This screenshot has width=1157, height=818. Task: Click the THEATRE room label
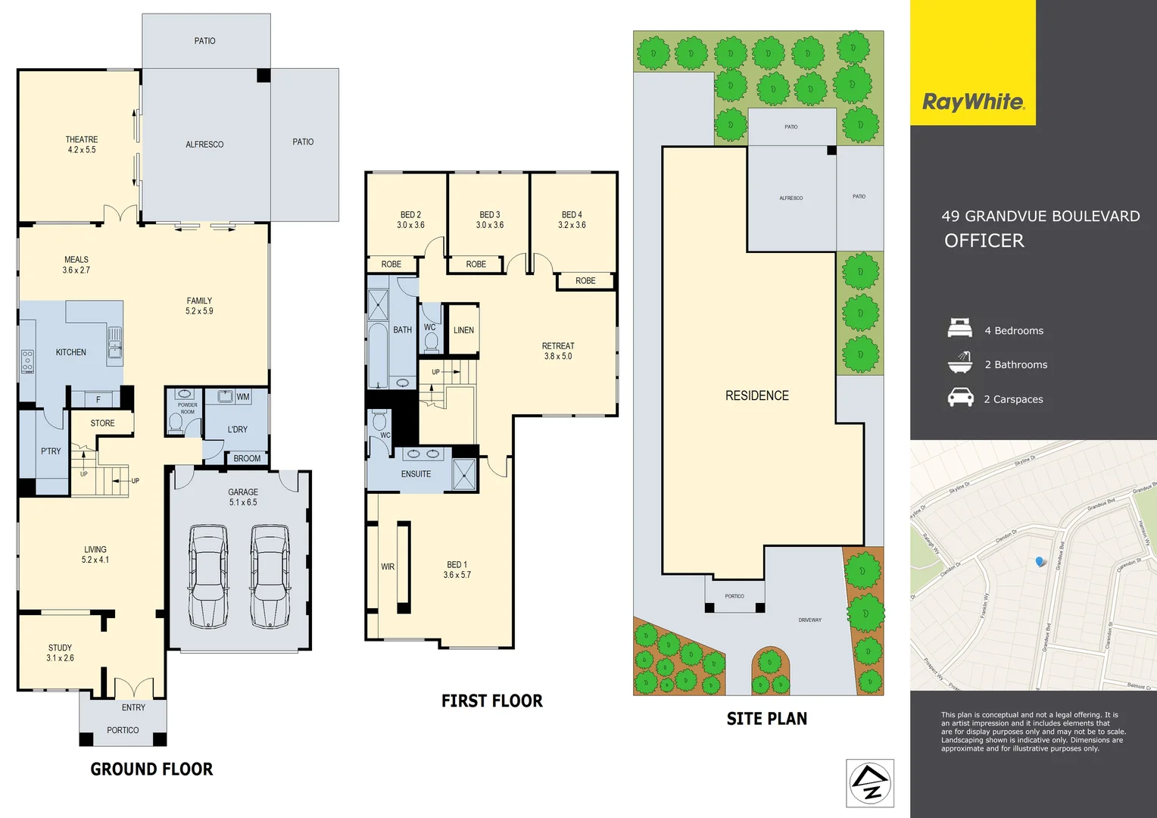(x=81, y=140)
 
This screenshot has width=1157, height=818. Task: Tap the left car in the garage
(x=208, y=576)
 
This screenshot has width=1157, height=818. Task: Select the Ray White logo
(x=973, y=102)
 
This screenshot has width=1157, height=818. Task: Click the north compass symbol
(x=870, y=783)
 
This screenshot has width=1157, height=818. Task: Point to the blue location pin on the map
(x=1040, y=561)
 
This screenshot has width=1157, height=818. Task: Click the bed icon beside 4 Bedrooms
(x=959, y=329)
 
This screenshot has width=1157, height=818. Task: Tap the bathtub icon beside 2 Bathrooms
(x=959, y=363)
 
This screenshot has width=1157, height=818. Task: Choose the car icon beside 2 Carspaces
(x=960, y=398)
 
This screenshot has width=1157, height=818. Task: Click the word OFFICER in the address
(x=984, y=241)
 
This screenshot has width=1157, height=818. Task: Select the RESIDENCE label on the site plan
(x=756, y=395)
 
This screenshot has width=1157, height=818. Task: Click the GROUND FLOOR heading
(x=151, y=770)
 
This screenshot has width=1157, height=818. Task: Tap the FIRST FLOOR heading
(x=491, y=701)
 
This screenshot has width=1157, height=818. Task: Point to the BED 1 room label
(x=457, y=565)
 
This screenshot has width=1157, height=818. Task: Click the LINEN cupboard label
(x=463, y=330)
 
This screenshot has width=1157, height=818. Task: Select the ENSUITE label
(x=416, y=474)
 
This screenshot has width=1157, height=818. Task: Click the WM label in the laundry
(x=242, y=397)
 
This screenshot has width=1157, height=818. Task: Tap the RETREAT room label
(x=558, y=346)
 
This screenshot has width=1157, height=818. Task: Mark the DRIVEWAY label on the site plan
(x=809, y=620)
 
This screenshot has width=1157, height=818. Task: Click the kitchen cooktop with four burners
(x=27, y=361)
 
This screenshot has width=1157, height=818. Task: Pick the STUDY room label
(x=60, y=648)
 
